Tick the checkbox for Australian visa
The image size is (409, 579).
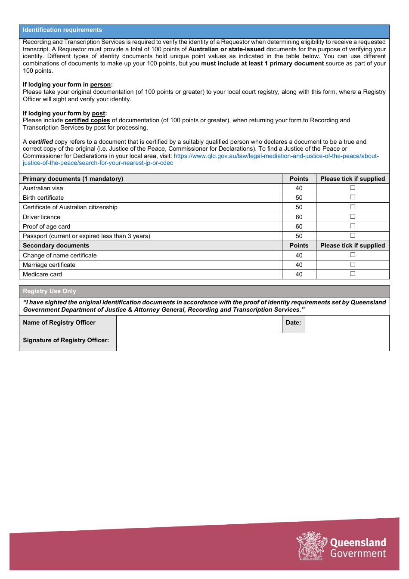[x=353, y=188]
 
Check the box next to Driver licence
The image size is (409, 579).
[x=353, y=217]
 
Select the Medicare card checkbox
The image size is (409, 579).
[x=353, y=274]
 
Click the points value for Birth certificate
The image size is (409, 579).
[x=299, y=198]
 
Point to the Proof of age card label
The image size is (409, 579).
[x=46, y=226]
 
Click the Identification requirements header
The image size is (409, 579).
[x=62, y=30]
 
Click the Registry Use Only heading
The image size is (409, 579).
[x=50, y=291]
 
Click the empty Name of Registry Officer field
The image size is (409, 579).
[x=199, y=324]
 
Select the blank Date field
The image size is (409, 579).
[x=347, y=324]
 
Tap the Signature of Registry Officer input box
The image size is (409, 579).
[x=252, y=342]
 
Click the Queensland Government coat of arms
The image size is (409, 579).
[x=310, y=545]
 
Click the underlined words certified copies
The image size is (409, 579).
[x=87, y=121]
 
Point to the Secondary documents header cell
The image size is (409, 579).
[x=56, y=245]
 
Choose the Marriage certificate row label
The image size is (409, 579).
[x=49, y=265]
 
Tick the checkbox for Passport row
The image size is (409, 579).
[x=353, y=235]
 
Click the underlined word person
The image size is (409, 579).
[x=100, y=85]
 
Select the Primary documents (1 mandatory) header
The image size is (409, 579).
[x=73, y=179]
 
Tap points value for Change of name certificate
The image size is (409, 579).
[x=299, y=255]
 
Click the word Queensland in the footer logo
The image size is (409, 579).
[x=358, y=542]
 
